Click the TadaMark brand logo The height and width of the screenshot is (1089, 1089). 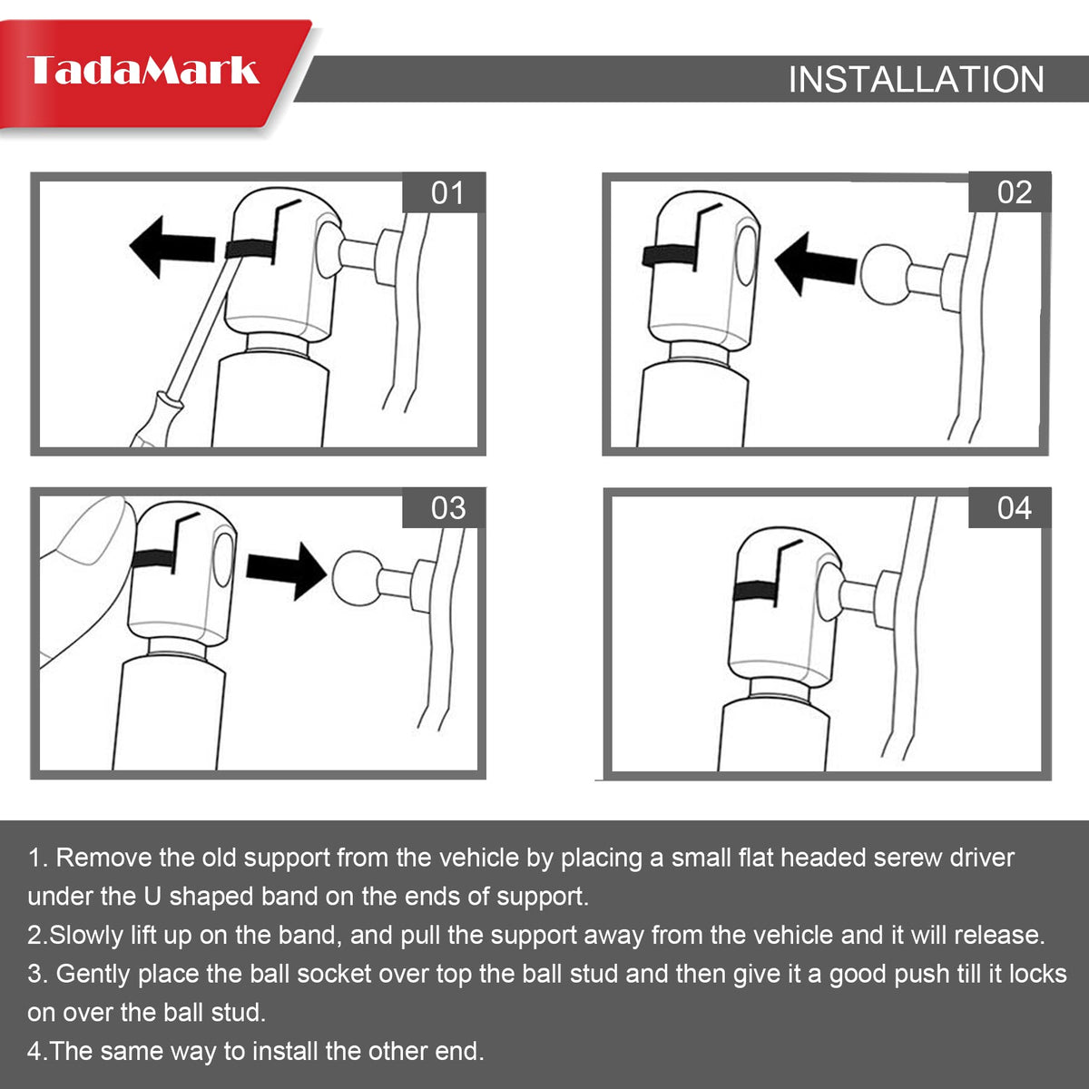[x=143, y=70]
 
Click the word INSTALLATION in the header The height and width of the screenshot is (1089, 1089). [x=916, y=79]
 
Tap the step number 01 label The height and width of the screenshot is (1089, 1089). [x=447, y=192]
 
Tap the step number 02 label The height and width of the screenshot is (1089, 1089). [x=1015, y=192]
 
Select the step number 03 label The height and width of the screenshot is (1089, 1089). [x=448, y=508]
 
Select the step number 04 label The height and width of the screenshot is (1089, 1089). [x=1015, y=507]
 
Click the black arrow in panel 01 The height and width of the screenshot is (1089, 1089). [x=172, y=247]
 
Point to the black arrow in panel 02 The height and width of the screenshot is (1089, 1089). [x=816, y=264]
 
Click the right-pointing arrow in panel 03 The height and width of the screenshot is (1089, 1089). [x=287, y=572]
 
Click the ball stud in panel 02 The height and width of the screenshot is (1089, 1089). [x=886, y=275]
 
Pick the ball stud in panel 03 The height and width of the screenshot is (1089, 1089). [x=356, y=577]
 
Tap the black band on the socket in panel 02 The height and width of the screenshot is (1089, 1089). [x=669, y=255]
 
